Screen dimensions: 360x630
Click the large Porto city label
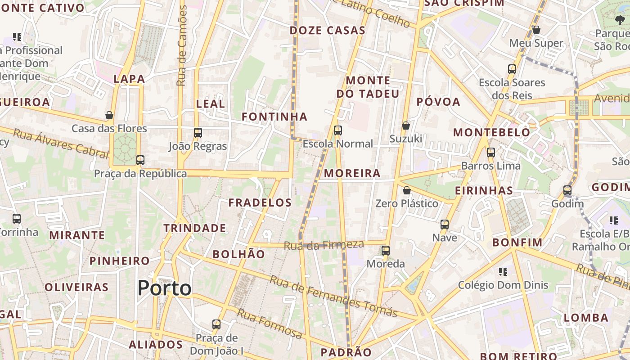point(164,288)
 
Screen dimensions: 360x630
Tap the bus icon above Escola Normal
point(337,130)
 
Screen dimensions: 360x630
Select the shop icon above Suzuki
point(405,125)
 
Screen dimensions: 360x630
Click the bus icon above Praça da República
point(140,160)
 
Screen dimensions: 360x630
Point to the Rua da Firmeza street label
point(324,245)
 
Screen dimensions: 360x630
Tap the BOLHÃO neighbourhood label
point(238,254)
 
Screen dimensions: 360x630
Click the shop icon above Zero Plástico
point(406,190)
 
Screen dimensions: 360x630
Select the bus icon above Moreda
point(385,251)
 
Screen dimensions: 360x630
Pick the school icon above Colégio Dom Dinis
point(503,271)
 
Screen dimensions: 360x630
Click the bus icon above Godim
point(567,190)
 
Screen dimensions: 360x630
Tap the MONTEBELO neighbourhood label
point(491,132)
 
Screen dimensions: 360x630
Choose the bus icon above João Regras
point(198,133)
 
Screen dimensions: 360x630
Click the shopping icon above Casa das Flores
point(109,115)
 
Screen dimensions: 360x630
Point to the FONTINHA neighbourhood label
point(274,117)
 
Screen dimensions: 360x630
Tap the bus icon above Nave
point(444,224)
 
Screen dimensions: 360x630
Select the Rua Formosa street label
point(270,324)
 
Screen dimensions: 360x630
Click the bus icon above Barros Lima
point(490,153)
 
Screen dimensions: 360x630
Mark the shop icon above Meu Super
point(536,30)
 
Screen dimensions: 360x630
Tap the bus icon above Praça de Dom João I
point(216,324)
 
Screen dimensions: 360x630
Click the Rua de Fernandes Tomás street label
point(333,297)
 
